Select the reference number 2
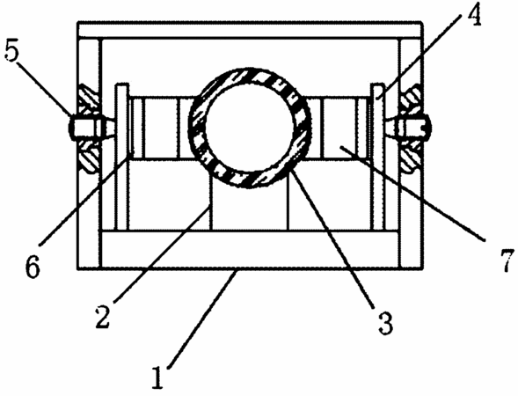[x=102, y=317]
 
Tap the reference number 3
[x=385, y=322]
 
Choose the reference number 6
[x=33, y=267]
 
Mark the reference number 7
[x=507, y=260]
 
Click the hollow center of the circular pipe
[x=250, y=128]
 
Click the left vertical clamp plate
[x=121, y=157]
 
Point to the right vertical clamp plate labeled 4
[x=378, y=157]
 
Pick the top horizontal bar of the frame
[x=250, y=30]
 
